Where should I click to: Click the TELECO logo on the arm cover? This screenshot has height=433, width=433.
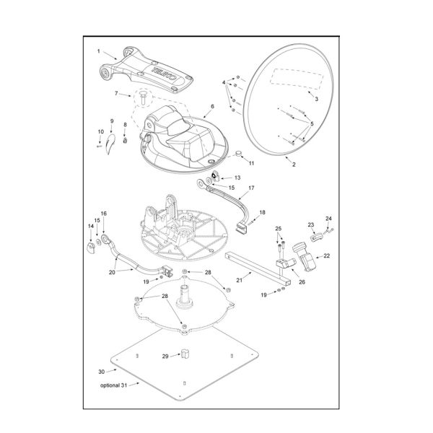164,73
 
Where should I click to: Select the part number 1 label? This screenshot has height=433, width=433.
99,51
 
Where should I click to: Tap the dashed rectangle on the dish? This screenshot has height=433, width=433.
297,79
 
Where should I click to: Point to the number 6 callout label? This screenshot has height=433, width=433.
212,106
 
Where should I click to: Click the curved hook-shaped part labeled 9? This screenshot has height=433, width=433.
110,144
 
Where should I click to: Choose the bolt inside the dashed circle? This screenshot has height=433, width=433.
143,97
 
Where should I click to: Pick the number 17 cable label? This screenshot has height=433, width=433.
251,188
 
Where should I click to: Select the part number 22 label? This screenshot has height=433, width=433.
327,255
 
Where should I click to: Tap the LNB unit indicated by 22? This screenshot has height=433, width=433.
305,256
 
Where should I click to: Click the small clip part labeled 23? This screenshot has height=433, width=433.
317,237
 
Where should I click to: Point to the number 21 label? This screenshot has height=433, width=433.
240,280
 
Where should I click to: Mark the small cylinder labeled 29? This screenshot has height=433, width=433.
185,354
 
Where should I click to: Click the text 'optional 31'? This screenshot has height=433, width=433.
114,385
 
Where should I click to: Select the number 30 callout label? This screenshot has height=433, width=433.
102,372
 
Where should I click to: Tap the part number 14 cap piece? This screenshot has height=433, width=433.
91,248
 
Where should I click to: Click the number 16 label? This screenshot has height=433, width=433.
103,214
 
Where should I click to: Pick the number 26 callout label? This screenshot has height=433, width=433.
302,282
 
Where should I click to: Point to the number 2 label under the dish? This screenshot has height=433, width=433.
294,165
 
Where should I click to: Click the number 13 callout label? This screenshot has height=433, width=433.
237,178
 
